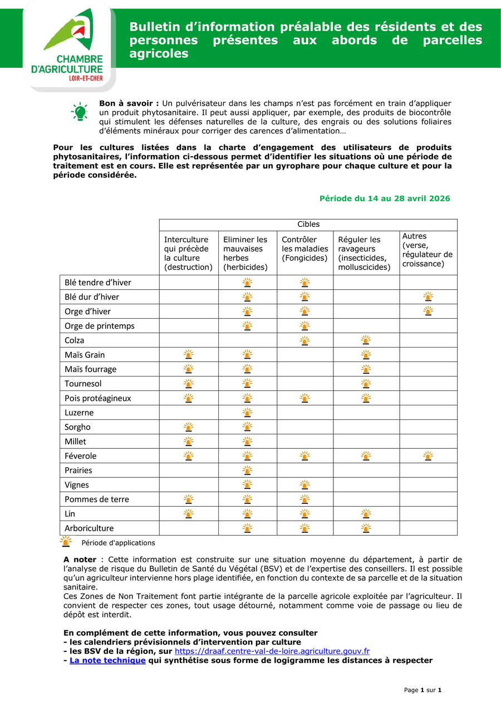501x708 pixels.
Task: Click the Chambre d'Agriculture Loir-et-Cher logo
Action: (x=69, y=46)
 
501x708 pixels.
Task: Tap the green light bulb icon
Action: (x=80, y=112)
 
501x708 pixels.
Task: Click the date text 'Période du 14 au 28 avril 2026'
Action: (x=385, y=199)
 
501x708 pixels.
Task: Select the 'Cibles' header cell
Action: (x=308, y=225)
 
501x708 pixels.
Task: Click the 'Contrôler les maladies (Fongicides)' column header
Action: (x=305, y=249)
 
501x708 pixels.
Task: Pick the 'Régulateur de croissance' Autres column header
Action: (x=428, y=250)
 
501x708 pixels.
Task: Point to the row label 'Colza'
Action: (x=75, y=340)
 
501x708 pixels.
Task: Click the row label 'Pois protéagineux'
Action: (x=98, y=398)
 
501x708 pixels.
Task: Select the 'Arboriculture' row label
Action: (x=89, y=528)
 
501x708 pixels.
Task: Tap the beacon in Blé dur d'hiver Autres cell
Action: (x=428, y=296)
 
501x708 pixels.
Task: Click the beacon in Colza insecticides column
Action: (x=366, y=340)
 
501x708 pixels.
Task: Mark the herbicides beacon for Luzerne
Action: (x=247, y=412)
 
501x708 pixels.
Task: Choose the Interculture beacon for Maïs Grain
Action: (x=189, y=354)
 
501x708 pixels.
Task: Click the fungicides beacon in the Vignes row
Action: (x=304, y=484)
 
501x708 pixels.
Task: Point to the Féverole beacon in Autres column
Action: (x=428, y=456)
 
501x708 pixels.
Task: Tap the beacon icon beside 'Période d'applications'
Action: (x=66, y=542)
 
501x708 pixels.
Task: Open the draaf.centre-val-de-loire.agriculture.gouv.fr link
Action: (x=272, y=651)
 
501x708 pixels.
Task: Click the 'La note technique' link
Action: (x=107, y=661)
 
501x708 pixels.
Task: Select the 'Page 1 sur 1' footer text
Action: (x=423, y=690)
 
